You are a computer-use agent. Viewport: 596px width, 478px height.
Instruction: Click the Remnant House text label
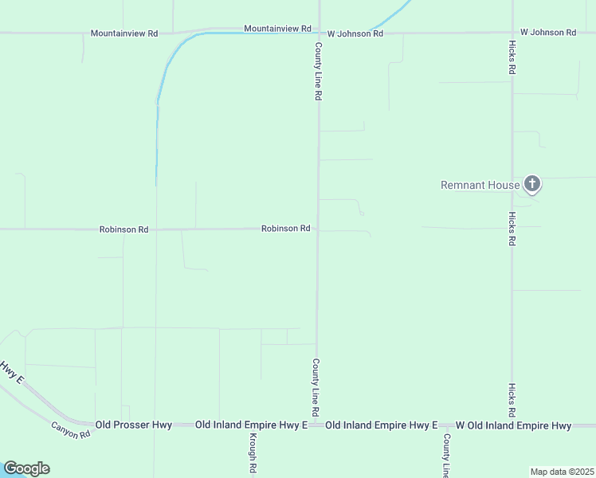(x=480, y=186)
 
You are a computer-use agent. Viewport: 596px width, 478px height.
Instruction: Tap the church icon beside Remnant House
(x=532, y=185)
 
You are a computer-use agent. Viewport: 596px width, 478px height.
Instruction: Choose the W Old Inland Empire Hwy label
(x=513, y=425)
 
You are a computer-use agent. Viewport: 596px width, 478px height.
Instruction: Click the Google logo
(x=26, y=468)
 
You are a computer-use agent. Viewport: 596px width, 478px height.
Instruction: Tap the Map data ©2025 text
(x=562, y=472)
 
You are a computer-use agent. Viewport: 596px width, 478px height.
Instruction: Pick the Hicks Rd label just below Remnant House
(x=511, y=229)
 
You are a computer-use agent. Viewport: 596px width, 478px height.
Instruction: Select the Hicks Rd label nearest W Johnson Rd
(x=511, y=58)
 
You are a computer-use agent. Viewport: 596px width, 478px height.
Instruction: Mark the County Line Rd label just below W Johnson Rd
(x=318, y=71)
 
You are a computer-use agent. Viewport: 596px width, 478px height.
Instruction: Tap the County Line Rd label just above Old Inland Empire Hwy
(x=316, y=388)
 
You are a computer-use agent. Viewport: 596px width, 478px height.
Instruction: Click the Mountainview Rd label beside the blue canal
(x=277, y=29)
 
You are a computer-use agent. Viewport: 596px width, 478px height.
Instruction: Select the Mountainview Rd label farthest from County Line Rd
(x=124, y=33)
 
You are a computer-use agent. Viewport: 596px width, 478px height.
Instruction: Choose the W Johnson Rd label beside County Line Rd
(x=355, y=33)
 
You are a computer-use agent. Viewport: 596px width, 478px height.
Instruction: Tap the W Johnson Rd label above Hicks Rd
(x=548, y=33)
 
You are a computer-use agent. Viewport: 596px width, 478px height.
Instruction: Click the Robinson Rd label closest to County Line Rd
(x=285, y=229)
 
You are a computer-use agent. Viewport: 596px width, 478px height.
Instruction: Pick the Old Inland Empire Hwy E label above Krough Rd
(x=252, y=425)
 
